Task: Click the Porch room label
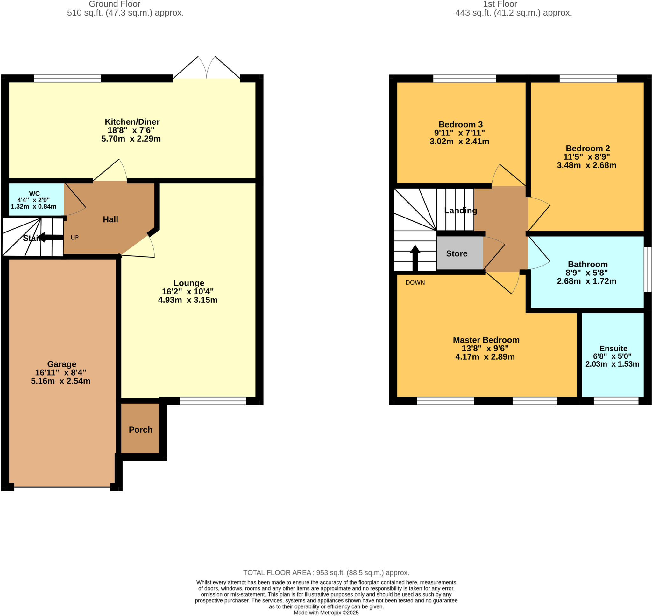point(140,430)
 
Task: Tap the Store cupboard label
point(457,253)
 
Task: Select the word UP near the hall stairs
point(74,238)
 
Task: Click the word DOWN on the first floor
point(415,282)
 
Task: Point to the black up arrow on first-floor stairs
point(415,258)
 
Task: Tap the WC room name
point(34,193)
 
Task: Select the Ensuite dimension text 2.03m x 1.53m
point(612,364)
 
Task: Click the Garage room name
point(61,364)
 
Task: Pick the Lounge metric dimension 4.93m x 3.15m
point(188,300)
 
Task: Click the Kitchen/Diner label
point(132,122)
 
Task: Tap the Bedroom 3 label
point(460,124)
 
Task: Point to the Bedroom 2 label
point(588,149)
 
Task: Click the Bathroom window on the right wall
point(647,269)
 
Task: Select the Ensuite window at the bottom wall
point(616,401)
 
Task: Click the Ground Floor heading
point(114,4)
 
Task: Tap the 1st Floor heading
point(500,4)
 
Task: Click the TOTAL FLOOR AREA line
point(326,572)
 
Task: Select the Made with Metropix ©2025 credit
point(326,613)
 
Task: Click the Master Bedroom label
point(486,340)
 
